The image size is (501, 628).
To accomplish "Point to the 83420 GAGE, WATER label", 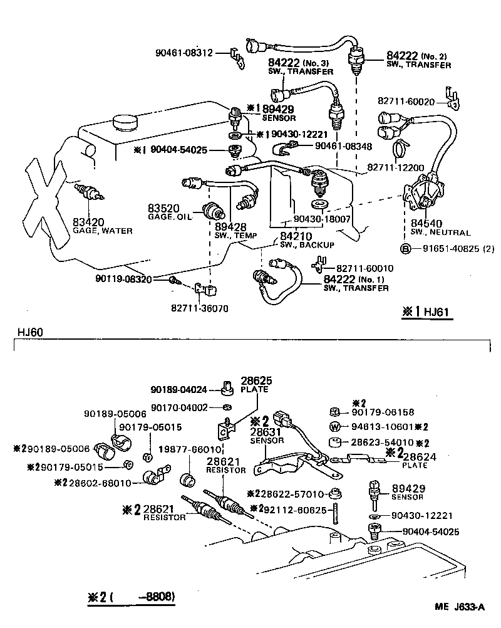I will [x=102, y=226].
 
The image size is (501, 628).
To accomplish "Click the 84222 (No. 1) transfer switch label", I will [x=356, y=283].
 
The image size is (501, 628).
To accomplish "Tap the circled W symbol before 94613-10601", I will [x=334, y=427].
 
